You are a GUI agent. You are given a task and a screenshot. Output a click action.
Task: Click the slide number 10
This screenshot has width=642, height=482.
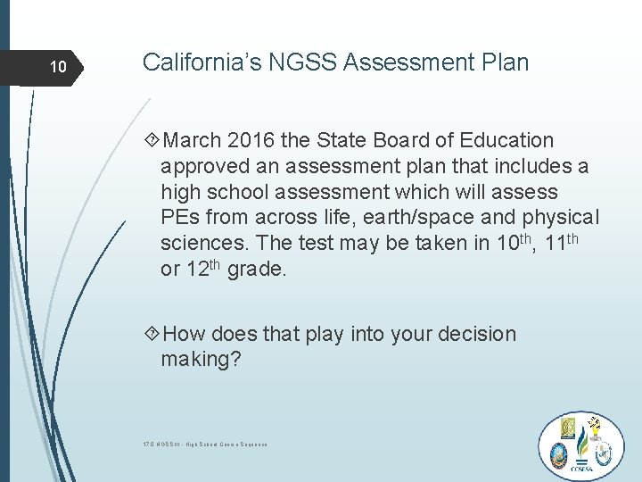click(57, 68)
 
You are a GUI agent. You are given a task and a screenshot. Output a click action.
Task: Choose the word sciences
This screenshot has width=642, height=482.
click(201, 244)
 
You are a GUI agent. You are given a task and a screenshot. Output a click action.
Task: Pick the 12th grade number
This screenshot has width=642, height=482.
click(201, 268)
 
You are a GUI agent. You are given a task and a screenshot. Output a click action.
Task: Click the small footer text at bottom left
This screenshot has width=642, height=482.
click(205, 444)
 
